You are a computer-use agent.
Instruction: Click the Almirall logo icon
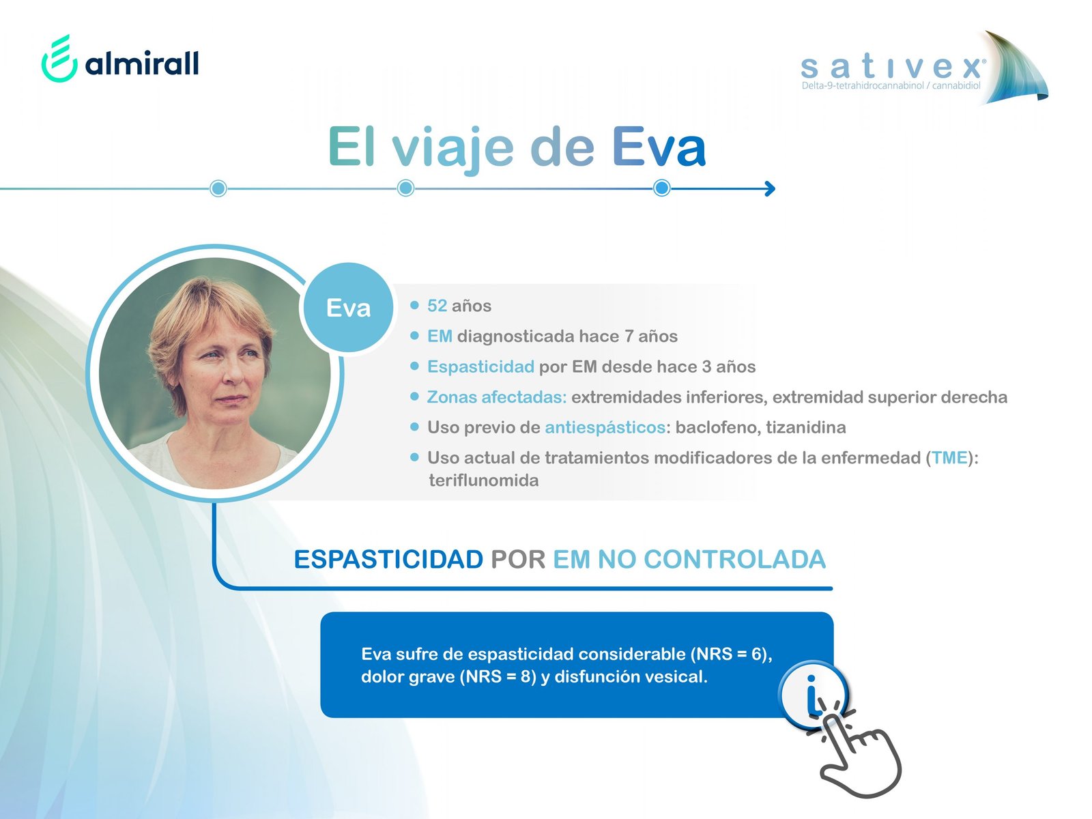coord(59,58)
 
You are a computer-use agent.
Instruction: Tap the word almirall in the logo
coord(142,63)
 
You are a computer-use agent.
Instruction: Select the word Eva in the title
coord(659,147)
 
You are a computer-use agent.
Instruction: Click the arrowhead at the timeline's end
coord(770,188)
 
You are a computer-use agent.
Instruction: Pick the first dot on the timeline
coord(218,188)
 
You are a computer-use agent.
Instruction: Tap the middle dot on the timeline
coord(406,188)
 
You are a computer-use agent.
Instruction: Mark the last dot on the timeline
coord(661,188)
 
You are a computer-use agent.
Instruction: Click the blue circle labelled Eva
coord(348,308)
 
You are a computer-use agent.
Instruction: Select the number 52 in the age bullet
coord(437,306)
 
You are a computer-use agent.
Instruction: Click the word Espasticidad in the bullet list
coord(480,367)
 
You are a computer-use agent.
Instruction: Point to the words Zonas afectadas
coord(496,397)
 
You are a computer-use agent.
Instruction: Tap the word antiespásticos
coord(605,428)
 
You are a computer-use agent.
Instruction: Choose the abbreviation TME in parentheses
coord(949,458)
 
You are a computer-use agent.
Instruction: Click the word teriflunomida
coord(484,480)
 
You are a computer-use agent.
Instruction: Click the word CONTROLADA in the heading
coord(735,560)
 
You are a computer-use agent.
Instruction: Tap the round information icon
coord(811,693)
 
